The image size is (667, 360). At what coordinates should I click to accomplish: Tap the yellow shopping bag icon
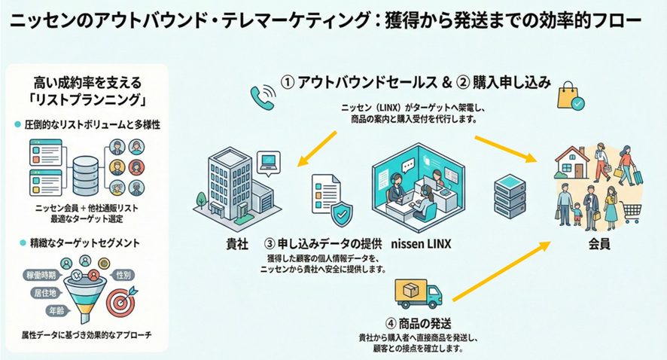point(571,96)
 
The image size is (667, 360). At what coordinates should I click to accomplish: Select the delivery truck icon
point(418,294)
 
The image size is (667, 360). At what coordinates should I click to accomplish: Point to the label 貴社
point(237,244)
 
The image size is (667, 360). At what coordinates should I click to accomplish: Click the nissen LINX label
point(421,244)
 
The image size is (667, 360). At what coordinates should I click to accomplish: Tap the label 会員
point(599,244)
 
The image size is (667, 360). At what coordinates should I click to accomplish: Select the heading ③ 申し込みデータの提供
point(323,244)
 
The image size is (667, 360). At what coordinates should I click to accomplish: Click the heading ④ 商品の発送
point(418,323)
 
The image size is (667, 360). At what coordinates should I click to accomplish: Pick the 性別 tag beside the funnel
point(123,276)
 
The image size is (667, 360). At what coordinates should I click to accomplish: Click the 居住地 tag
point(45,293)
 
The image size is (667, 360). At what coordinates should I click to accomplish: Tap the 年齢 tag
point(56,311)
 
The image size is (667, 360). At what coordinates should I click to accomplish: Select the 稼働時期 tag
point(41,276)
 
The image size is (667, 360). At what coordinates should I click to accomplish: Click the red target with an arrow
point(121,301)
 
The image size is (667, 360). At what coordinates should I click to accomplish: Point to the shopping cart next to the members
point(632,212)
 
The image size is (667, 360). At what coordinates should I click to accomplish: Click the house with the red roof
point(572,162)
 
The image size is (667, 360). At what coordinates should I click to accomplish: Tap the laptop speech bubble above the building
point(269,163)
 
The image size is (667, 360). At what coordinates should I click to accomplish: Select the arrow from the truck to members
point(501,271)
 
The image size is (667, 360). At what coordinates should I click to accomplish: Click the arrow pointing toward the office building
point(317,148)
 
